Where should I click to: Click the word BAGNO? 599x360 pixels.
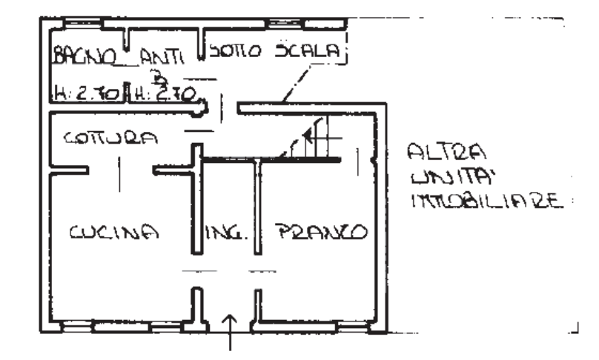84,55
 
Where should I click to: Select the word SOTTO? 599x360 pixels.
235,53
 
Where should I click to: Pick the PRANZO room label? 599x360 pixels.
322,231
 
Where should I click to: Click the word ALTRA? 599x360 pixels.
446,153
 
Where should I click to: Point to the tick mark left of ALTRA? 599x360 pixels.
359,159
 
